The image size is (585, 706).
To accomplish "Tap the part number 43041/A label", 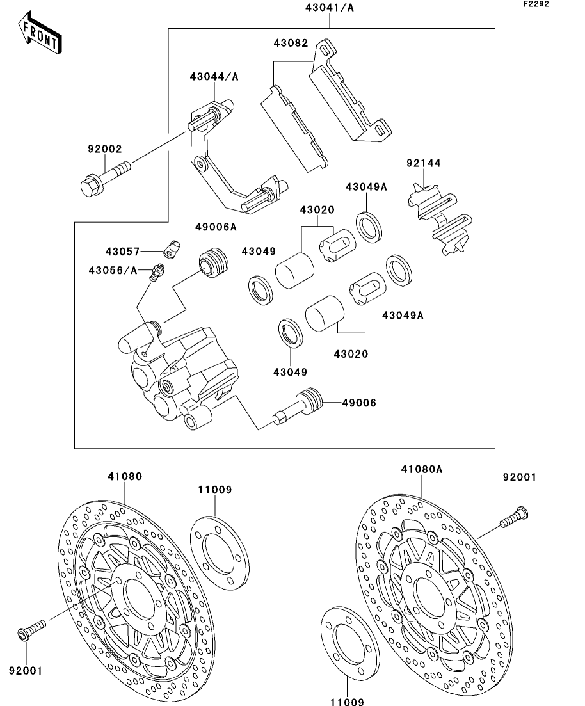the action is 329,8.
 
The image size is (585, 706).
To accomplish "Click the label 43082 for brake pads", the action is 291,43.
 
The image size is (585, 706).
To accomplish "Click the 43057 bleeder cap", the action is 172,249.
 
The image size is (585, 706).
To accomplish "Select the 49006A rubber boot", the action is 214,262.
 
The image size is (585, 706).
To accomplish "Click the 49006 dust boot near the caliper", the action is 298,406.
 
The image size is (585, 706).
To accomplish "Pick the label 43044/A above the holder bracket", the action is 214,77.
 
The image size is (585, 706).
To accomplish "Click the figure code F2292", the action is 536,4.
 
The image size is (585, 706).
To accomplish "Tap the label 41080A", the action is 422,469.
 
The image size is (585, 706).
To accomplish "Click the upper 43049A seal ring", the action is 369,227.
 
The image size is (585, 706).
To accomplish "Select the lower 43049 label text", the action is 290,372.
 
